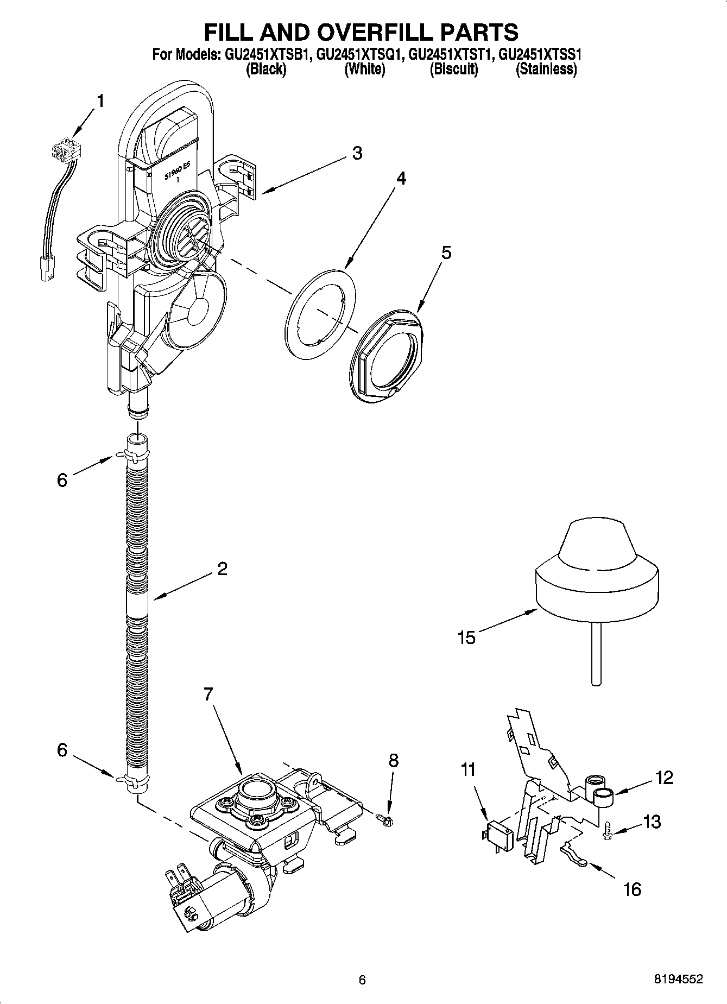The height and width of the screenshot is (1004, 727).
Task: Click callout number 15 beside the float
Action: pyautogui.click(x=466, y=637)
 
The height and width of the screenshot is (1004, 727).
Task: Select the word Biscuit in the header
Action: pyautogui.click(x=454, y=70)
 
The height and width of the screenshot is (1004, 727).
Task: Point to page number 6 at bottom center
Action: pyautogui.click(x=362, y=980)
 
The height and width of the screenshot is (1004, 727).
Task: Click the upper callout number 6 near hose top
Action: pyautogui.click(x=62, y=479)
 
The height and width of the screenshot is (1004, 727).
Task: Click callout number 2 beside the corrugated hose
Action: pyautogui.click(x=222, y=569)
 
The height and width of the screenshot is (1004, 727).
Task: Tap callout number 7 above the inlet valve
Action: pyautogui.click(x=209, y=694)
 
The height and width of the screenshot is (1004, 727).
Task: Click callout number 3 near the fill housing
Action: pyautogui.click(x=357, y=153)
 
